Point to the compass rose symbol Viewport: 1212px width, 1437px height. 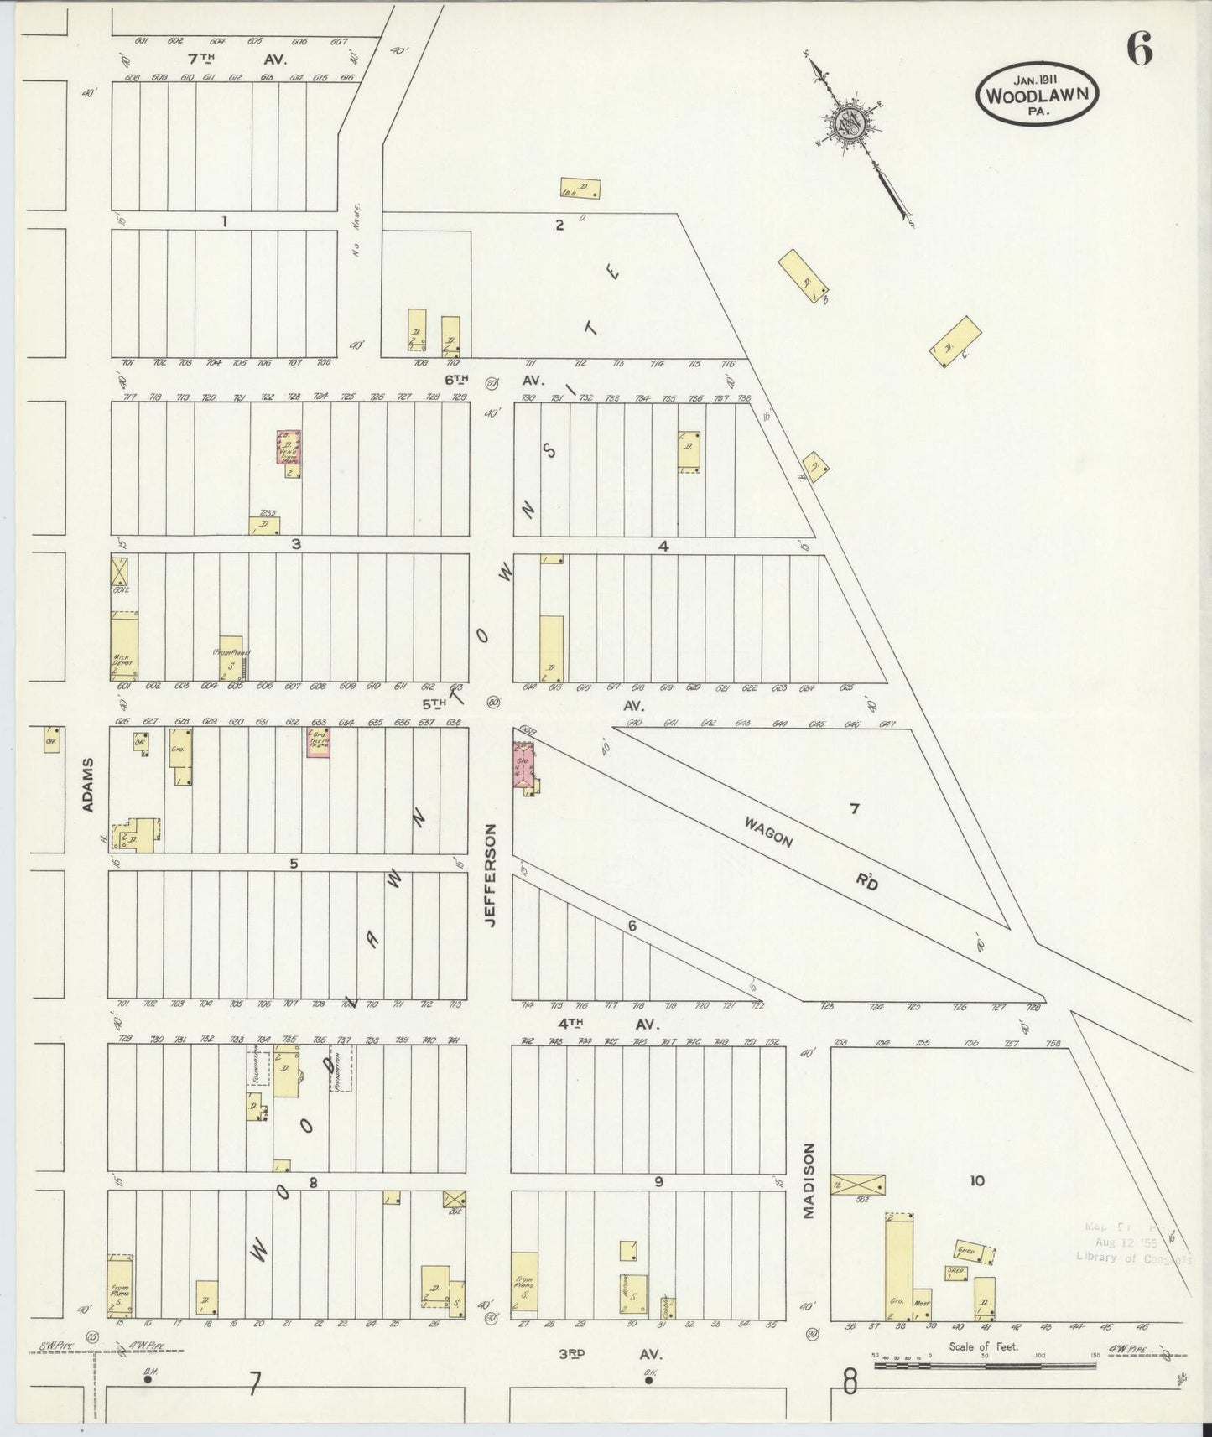(x=854, y=123)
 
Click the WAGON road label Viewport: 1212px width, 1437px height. (x=767, y=832)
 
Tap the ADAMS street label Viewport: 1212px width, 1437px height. (x=88, y=786)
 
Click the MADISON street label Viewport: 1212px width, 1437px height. (x=809, y=1180)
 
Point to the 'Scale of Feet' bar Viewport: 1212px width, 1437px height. (x=985, y=1365)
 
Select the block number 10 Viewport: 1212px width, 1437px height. (x=976, y=1181)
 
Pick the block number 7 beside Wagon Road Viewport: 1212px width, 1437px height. (x=854, y=808)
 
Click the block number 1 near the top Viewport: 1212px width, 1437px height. (x=224, y=221)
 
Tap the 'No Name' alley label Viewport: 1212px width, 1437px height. (x=357, y=230)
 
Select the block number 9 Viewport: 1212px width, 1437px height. (x=659, y=1181)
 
